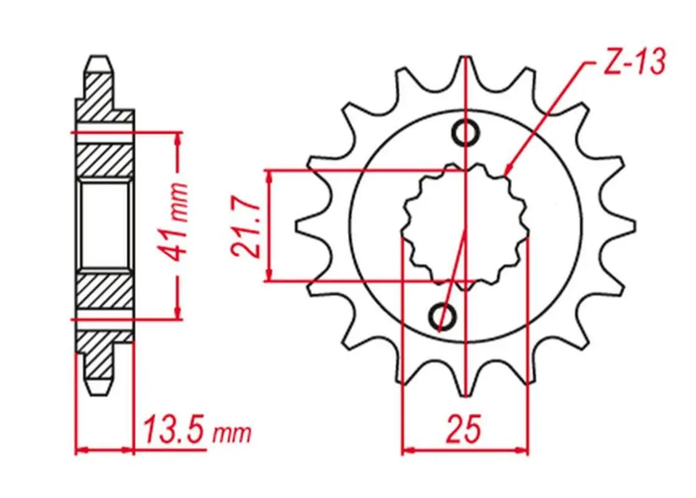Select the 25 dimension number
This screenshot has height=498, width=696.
point(464,429)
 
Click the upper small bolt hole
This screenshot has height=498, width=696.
point(465,132)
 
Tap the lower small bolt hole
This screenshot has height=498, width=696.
point(442,316)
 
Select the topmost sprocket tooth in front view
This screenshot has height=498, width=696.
point(465,67)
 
